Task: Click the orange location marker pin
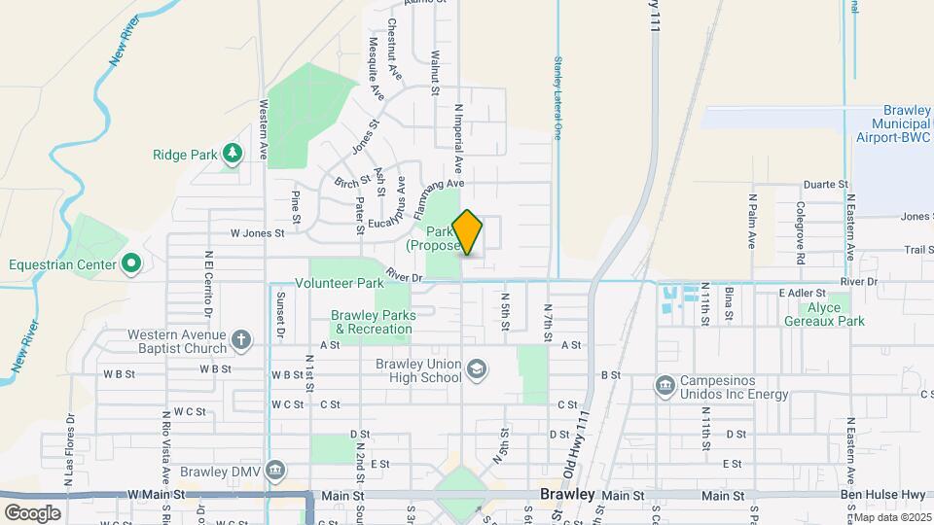tap(467, 233)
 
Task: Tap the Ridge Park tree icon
tap(232, 154)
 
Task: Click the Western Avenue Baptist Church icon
tap(240, 339)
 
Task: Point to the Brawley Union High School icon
tap(476, 369)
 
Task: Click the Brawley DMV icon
tap(275, 472)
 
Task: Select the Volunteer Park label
tap(340, 284)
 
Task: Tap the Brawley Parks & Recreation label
tap(373, 322)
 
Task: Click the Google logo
tap(32, 512)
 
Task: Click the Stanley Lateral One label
tap(558, 97)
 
